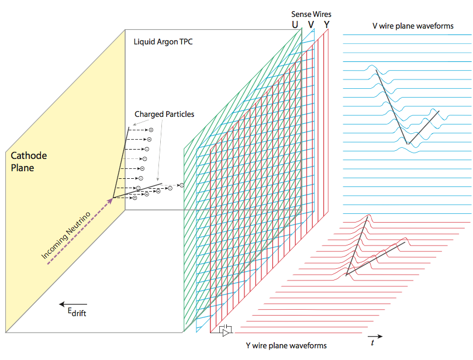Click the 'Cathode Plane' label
29,162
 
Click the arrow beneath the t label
377,336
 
